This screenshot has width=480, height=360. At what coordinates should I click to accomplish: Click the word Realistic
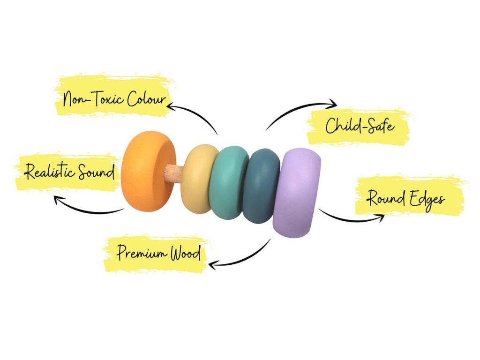pyautogui.click(x=49, y=172)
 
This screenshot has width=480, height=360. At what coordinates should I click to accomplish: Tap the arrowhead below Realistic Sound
pyautogui.click(x=58, y=200)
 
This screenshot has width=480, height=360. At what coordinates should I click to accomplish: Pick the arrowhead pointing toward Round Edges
pyautogui.click(x=381, y=216)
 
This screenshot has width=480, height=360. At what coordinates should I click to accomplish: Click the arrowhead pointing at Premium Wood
pyautogui.click(x=212, y=265)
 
